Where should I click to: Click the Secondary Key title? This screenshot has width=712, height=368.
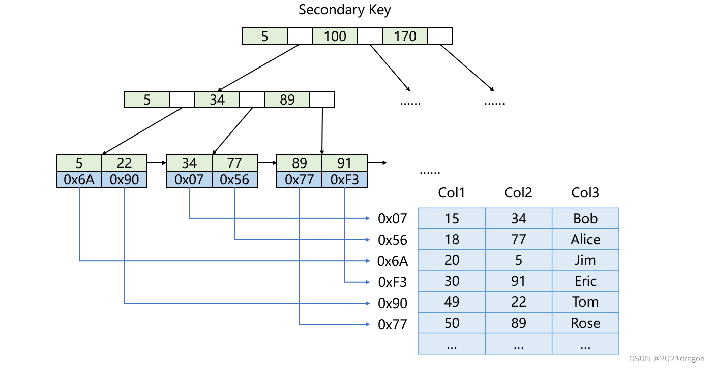tap(344, 10)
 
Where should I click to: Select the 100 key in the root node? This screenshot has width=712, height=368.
tap(335, 36)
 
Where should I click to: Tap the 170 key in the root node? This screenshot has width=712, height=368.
tap(405, 36)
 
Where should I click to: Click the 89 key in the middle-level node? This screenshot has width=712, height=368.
tap(287, 99)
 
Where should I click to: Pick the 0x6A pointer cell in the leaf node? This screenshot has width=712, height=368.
tap(79, 179)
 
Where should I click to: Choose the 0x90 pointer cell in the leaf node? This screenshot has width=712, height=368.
tap(125, 179)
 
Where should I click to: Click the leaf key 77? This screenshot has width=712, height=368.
tap(234, 163)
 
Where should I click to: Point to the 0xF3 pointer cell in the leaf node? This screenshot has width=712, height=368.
tap(344, 179)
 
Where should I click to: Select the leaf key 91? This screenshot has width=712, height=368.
tap(344, 163)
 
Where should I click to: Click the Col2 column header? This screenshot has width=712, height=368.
tap(518, 193)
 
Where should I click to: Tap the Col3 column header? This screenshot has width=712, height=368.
tap(585, 193)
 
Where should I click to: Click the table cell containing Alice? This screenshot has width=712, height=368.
tap(585, 239)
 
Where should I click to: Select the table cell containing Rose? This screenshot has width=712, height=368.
tap(585, 323)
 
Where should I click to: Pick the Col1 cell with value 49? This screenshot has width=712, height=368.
tap(452, 302)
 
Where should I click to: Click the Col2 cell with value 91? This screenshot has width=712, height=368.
tap(519, 281)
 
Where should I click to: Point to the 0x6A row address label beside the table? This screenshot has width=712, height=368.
tap(393, 261)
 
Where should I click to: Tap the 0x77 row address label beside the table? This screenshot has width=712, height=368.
tap(393, 324)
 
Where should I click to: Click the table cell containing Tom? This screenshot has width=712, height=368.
tap(585, 302)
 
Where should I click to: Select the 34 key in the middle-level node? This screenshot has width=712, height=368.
tap(217, 99)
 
